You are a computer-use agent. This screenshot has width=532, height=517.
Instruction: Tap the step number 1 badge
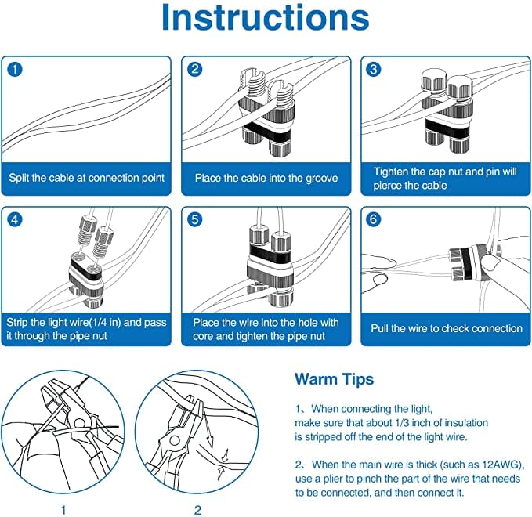pos(15,69)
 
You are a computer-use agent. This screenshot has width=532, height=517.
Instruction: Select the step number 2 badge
pos(195,69)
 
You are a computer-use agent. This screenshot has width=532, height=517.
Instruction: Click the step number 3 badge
pos(375,69)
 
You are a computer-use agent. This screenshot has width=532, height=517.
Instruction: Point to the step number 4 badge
pos(15,219)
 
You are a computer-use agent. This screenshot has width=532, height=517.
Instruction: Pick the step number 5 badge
pos(195,219)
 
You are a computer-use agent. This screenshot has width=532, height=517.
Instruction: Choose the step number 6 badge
pos(375,219)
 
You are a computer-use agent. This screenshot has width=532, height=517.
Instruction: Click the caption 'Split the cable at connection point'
pos(86,178)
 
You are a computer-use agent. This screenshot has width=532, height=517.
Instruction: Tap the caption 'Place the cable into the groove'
pos(266,178)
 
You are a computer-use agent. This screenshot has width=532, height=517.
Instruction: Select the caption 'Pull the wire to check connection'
pos(446,328)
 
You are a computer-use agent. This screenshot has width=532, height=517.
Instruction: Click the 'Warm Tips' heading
pos(334,380)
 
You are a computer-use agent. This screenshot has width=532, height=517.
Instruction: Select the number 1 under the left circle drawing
pos(63,510)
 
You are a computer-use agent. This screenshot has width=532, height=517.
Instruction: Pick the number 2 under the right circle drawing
pos(197,510)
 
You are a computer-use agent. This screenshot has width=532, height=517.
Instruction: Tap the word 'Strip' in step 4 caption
pos(20,321)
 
